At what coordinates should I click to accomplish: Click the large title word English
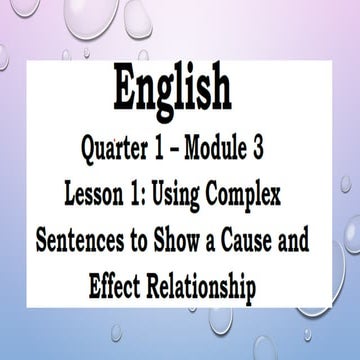(180, 87)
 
